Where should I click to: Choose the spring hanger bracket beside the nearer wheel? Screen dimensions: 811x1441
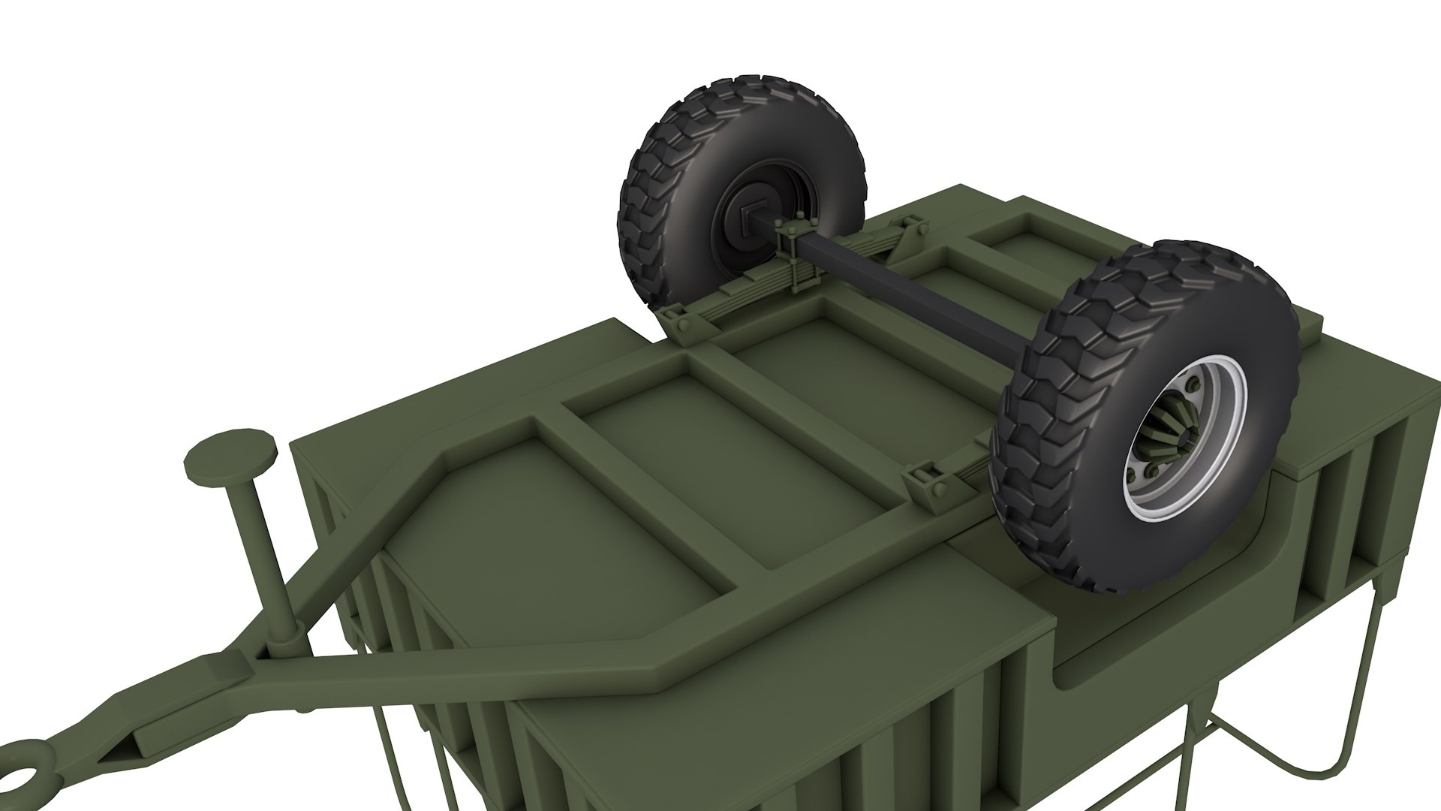coord(931,481)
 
